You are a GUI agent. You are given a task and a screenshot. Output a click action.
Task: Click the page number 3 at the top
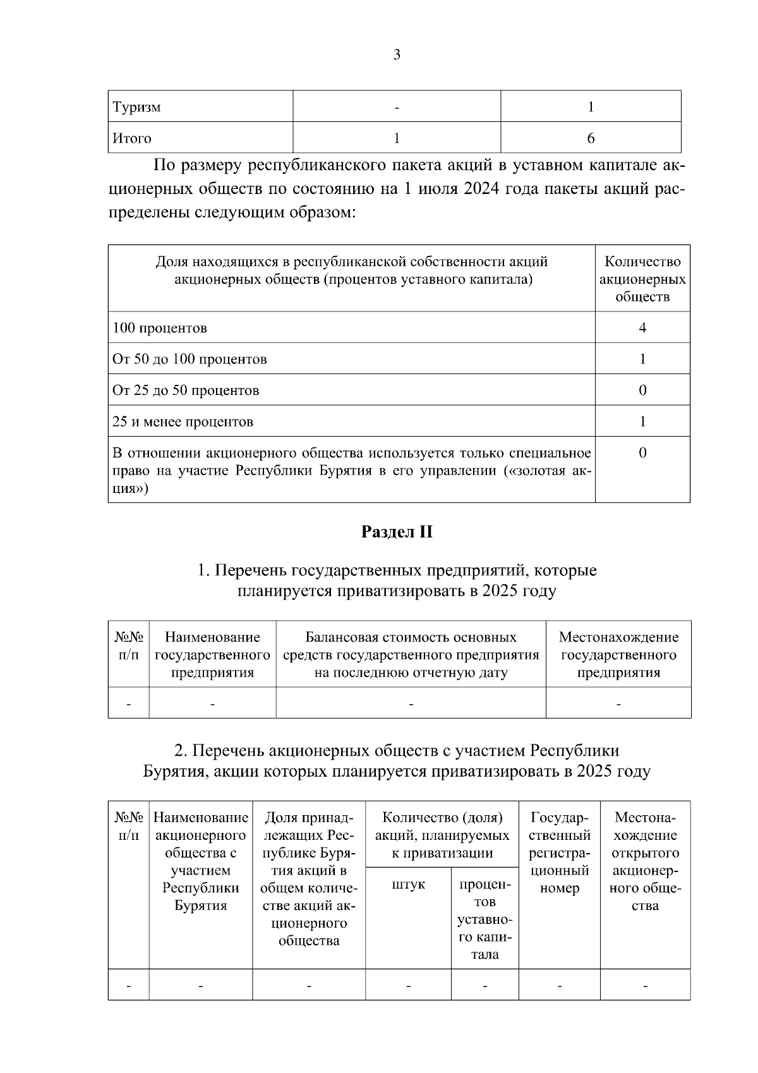[397, 55]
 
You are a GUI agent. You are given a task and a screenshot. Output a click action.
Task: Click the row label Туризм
[137, 107]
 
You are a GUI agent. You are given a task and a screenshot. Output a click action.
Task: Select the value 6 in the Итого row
[591, 138]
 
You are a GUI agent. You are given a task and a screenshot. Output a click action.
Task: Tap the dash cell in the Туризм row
[397, 107]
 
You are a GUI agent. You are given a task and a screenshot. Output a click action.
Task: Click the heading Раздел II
[397, 532]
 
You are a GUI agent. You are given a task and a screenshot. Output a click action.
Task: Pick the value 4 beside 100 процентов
[642, 328]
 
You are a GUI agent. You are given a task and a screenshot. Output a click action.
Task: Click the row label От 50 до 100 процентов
[189, 360]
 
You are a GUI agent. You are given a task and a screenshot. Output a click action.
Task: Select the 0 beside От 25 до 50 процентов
[642, 391]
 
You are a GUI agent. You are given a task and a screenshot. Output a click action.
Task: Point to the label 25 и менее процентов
[183, 421]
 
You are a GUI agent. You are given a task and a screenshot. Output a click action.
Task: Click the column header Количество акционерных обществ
[642, 279]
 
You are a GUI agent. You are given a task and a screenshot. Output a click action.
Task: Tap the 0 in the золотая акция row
[642, 453]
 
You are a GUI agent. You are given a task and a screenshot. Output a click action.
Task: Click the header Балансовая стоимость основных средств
[411, 655]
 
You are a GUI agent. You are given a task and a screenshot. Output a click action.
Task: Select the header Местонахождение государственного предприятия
[618, 655]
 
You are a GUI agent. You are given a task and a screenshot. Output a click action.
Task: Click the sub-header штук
[408, 885]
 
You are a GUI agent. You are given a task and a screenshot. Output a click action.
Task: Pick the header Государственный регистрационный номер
[560, 853]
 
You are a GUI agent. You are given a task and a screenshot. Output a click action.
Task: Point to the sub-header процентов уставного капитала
[484, 919]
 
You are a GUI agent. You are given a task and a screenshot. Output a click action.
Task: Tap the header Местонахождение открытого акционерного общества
[645, 862]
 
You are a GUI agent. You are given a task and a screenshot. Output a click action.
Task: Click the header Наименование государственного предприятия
[212, 655]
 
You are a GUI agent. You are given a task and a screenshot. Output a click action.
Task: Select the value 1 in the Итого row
[397, 138]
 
